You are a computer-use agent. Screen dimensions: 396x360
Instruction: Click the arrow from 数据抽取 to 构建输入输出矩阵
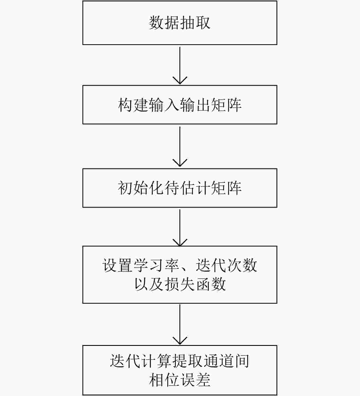tap(180, 65)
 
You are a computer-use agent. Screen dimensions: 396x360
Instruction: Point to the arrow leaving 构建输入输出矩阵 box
tap(180, 146)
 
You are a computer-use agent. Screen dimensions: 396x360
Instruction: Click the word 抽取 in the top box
tap(195, 23)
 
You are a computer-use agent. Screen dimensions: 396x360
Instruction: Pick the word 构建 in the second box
tap(133, 105)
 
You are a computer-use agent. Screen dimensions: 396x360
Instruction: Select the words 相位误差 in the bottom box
tap(180, 380)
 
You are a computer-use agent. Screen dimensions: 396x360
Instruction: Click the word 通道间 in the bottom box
tap(226, 361)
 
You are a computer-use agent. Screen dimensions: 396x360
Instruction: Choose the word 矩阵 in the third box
tap(226, 188)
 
